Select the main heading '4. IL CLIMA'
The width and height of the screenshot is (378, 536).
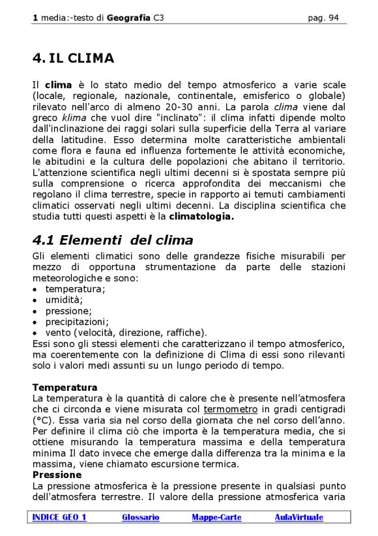[73, 59]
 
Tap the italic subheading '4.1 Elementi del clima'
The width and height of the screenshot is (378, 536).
[113, 240]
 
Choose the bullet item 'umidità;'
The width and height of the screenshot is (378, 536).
[64, 300]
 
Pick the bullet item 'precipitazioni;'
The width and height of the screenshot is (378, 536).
[77, 321]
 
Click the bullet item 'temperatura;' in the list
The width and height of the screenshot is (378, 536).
[75, 289]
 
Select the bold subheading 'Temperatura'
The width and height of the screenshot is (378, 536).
[65, 388]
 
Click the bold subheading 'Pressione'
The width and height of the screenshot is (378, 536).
[57, 475]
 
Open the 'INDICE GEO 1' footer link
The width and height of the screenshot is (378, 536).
[59, 517]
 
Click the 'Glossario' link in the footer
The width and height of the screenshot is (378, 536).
[140, 517]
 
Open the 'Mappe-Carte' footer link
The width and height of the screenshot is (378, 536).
[216, 517]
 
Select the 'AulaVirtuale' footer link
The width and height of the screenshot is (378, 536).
[298, 517]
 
